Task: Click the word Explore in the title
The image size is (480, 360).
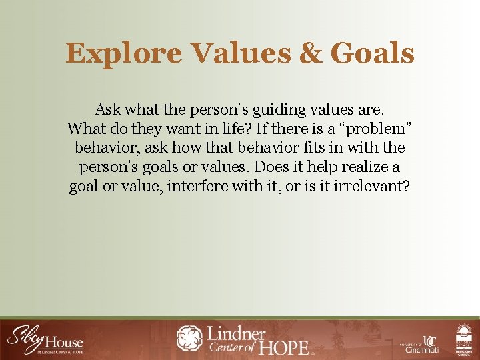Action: pyautogui.click(x=123, y=54)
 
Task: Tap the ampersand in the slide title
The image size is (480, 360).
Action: pyautogui.click(x=310, y=53)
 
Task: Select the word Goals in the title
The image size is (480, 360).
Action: pyautogui.click(x=372, y=53)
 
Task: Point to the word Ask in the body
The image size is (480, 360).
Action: pyautogui.click(x=107, y=109)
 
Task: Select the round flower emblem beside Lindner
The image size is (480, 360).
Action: pyautogui.click(x=189, y=338)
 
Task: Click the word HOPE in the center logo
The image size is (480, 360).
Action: pyautogui.click(x=285, y=347)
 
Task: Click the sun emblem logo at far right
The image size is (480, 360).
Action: pyautogui.click(x=464, y=339)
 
